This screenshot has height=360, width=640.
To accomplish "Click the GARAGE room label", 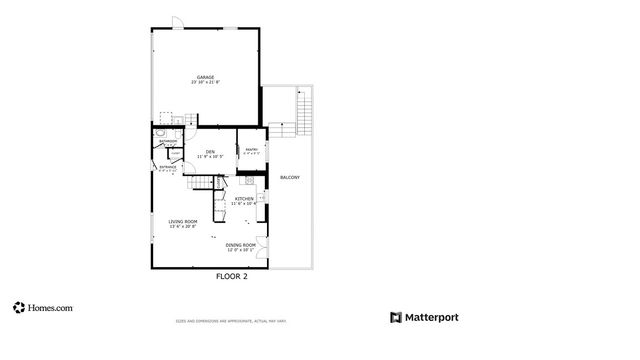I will pos(205,77).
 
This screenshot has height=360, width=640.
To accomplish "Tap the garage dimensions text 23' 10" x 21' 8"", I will pos(205,83).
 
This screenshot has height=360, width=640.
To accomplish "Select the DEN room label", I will pos(210,152).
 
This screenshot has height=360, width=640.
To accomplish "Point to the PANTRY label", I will pos(251,150).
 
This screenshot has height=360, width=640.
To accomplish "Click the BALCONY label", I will pos(290,178).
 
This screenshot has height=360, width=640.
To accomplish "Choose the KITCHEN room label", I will pos(244,199).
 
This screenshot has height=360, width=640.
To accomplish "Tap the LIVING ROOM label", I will pos(182,221).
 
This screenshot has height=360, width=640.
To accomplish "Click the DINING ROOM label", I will pos(241,245).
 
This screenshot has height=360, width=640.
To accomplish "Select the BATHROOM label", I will pos(169,142).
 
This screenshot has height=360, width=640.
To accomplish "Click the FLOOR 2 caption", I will pos(232,276).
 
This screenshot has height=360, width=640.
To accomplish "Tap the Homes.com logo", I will pos(42,309).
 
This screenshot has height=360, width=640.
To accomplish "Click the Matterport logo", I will pos(424,317).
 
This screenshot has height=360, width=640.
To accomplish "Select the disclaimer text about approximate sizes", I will pos(231,321).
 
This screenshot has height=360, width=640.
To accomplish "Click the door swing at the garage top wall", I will pos(175,22).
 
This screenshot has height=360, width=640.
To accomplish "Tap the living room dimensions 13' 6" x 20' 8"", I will pos(182,227).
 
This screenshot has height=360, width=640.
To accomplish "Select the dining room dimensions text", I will pos(241,250).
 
